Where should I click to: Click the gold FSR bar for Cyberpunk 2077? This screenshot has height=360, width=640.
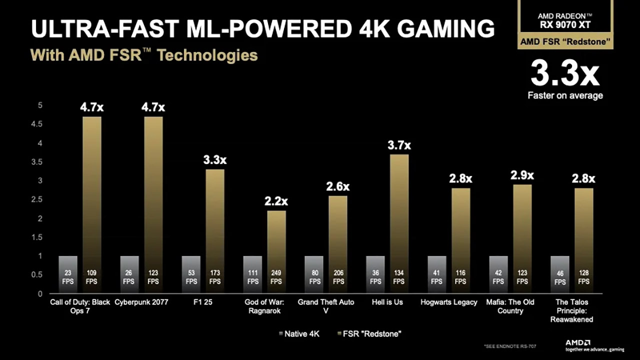[x=153, y=200]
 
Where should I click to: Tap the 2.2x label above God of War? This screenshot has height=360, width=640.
[x=276, y=201]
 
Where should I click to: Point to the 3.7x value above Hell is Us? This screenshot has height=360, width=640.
[x=399, y=145]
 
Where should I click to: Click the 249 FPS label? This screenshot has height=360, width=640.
[x=276, y=277]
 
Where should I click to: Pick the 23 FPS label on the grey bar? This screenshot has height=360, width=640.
[x=68, y=277]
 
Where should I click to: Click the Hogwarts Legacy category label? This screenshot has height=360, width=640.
[x=448, y=302]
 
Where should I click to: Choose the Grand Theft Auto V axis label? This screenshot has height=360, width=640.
[x=326, y=306]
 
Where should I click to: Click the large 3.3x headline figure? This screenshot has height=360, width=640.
[x=565, y=74]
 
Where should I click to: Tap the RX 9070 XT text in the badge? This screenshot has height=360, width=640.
[x=565, y=24]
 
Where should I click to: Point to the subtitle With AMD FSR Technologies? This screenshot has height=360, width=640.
[x=144, y=55]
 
